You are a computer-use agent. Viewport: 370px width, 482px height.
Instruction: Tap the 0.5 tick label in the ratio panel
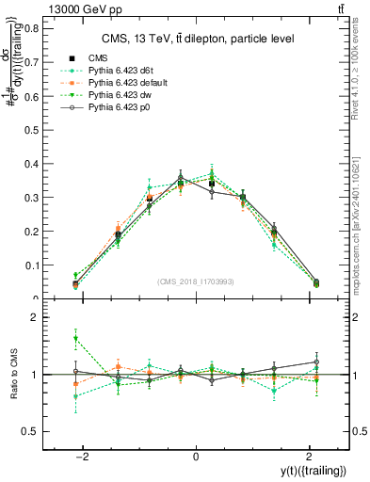point(32,431)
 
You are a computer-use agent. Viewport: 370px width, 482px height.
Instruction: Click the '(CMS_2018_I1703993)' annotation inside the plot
point(195,281)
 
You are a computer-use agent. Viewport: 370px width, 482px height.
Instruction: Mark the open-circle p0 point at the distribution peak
point(181,177)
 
